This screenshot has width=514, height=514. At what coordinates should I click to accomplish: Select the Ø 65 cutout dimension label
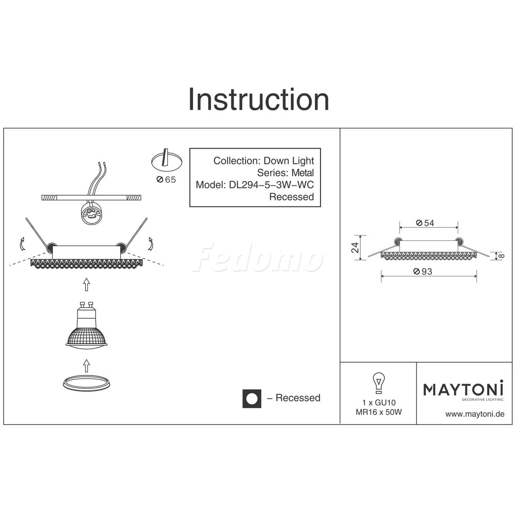click(166, 180)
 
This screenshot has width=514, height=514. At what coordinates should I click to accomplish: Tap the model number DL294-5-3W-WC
click(271, 185)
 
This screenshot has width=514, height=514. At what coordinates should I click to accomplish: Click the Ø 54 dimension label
click(425, 223)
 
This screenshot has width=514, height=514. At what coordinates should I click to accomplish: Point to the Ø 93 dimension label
click(423, 271)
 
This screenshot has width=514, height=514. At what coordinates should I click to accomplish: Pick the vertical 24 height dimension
click(355, 248)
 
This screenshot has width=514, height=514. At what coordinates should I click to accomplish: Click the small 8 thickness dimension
click(501, 256)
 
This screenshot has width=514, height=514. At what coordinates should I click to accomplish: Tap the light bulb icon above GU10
click(379, 383)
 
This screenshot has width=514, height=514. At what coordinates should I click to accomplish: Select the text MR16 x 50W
click(379, 412)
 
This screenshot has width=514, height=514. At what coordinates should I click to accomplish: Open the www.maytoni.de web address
click(475, 414)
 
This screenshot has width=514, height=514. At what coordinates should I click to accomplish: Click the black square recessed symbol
click(252, 399)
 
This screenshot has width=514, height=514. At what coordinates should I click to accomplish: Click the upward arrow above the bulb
click(86, 285)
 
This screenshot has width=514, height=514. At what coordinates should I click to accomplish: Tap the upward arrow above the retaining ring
click(86, 366)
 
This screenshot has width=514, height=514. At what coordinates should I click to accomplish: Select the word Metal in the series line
click(303, 173)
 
